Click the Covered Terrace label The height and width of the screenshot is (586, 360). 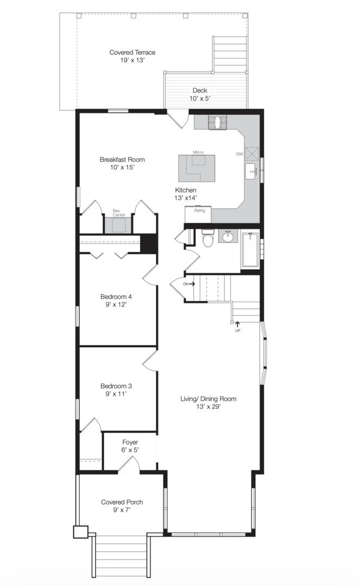132,52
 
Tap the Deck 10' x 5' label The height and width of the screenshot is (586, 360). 200,94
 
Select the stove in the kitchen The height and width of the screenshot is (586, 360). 217,122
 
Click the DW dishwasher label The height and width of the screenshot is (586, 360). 239,154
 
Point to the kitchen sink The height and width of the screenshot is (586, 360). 252,173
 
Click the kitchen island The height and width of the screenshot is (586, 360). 196,168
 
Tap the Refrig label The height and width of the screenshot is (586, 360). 200,211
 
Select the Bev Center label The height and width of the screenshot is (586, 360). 119,213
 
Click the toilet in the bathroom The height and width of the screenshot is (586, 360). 207,238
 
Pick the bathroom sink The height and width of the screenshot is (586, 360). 228,236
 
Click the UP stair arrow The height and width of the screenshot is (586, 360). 237,325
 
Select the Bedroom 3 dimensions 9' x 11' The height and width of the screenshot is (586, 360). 116,393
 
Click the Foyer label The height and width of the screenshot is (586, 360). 130,443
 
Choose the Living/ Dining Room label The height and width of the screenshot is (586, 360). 208,399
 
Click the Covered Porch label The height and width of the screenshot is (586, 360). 122,502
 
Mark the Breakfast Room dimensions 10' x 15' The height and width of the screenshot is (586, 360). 122,168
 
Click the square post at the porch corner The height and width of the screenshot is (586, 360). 80,532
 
